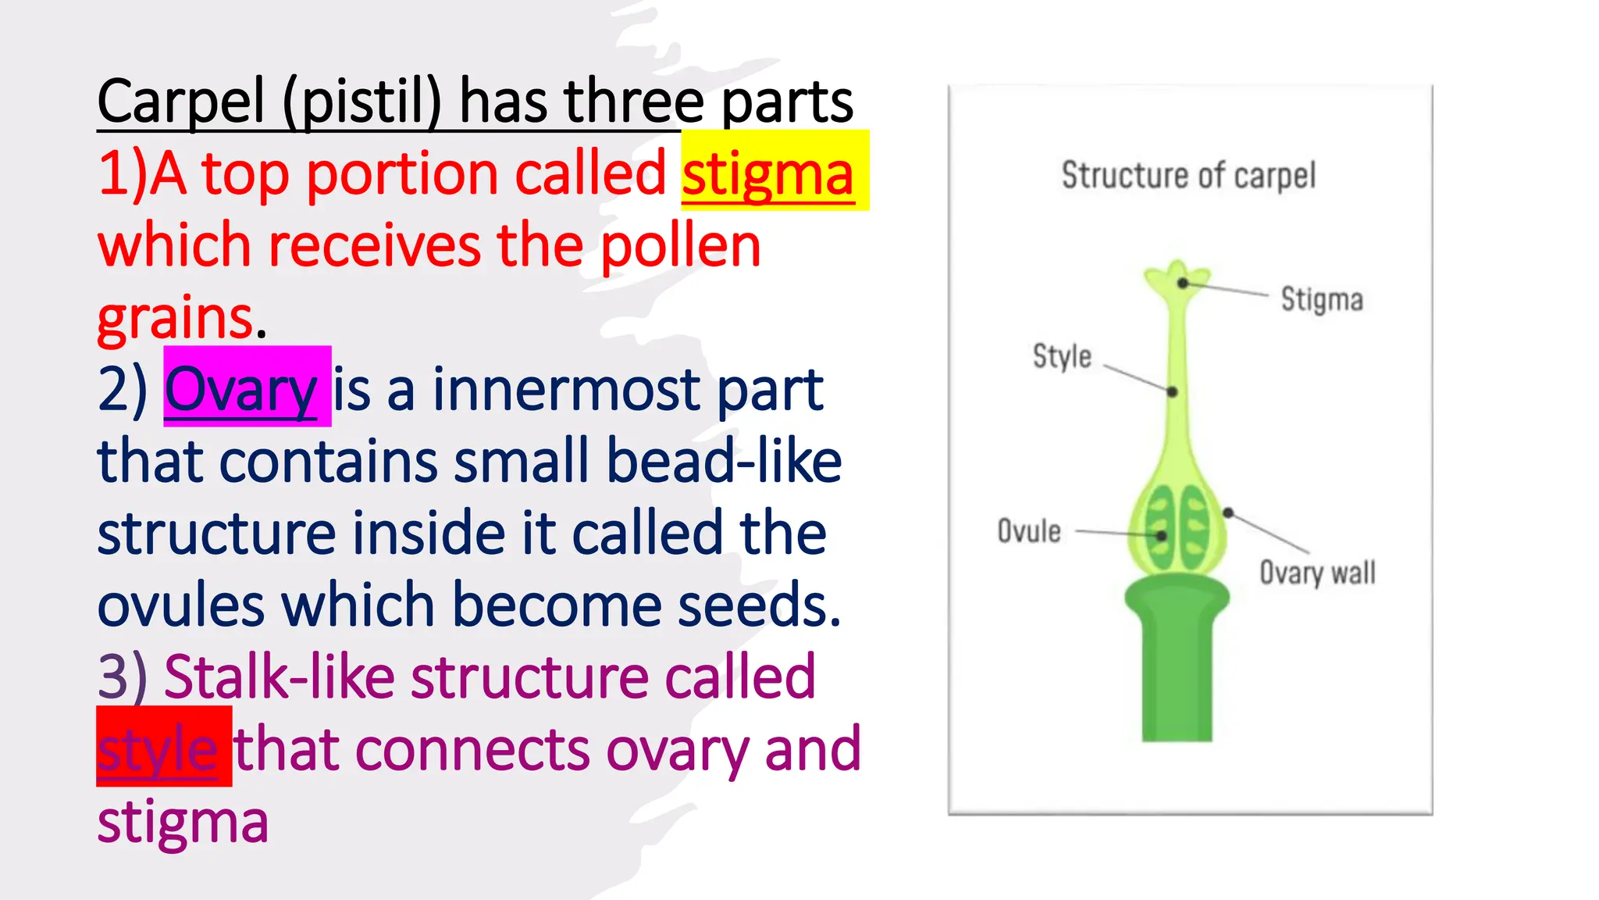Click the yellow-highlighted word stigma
(x=768, y=174)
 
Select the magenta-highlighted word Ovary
(x=240, y=389)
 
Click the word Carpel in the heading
(x=181, y=102)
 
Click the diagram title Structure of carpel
(x=1188, y=175)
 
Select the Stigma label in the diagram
(x=1322, y=299)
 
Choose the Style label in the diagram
(x=1062, y=356)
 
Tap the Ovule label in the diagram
(x=1029, y=531)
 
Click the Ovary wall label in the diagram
(x=1317, y=573)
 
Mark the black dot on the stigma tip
(x=1184, y=283)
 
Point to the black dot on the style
(x=1172, y=391)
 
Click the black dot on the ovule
(x=1161, y=536)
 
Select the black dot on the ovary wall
(x=1228, y=512)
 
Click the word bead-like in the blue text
(x=724, y=461)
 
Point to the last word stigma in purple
(x=183, y=822)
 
